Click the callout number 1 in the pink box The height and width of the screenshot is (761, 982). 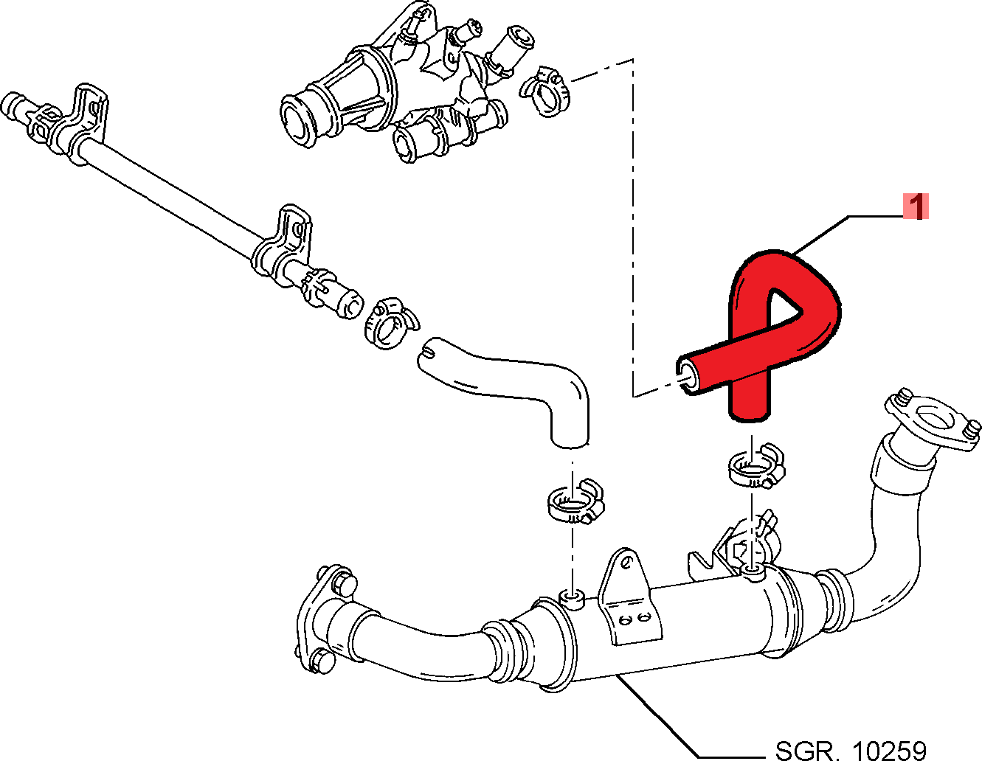916,206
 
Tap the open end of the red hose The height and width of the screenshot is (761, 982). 687,376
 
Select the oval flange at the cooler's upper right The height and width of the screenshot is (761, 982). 933,420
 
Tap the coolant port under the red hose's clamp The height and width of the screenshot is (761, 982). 751,571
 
